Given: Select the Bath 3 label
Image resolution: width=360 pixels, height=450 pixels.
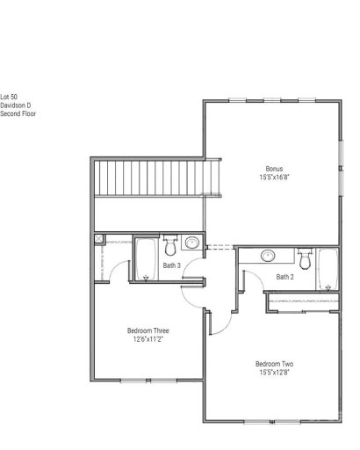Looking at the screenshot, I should (x=172, y=265).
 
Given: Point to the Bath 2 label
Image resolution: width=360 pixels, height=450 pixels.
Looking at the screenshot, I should (x=285, y=277).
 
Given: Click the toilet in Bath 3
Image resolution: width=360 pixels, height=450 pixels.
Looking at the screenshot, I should (x=171, y=243).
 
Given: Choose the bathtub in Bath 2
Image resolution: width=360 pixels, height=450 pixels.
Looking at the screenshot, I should (x=327, y=271).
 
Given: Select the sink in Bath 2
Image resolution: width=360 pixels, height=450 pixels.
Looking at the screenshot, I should (x=270, y=256).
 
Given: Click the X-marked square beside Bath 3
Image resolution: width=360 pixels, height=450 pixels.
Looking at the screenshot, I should (x=100, y=238).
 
